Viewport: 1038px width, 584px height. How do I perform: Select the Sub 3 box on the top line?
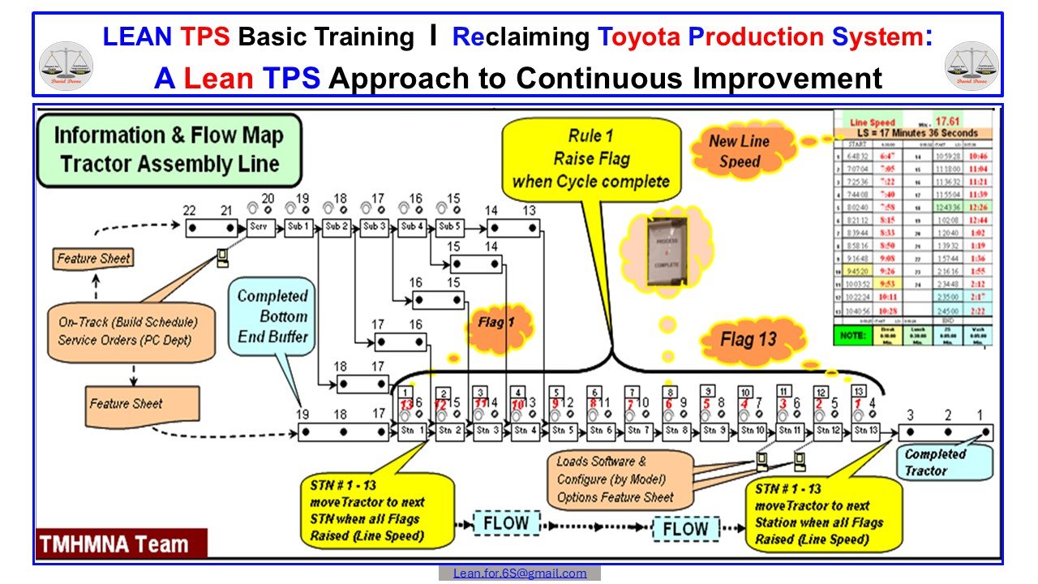375,228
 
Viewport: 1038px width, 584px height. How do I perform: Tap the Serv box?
261,228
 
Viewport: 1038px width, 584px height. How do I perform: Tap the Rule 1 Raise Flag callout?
590,158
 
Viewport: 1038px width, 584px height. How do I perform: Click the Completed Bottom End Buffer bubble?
272,316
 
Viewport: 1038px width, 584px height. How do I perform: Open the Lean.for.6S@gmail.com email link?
520,573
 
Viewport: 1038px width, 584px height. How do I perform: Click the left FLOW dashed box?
505,523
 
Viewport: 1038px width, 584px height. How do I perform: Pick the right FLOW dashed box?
684,530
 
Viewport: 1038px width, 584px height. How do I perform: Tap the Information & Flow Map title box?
169,149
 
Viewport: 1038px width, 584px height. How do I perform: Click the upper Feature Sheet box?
93,260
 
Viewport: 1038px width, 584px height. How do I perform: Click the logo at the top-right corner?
973,65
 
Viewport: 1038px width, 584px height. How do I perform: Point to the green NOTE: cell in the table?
858,334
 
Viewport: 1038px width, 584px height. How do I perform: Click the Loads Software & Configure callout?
615,479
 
